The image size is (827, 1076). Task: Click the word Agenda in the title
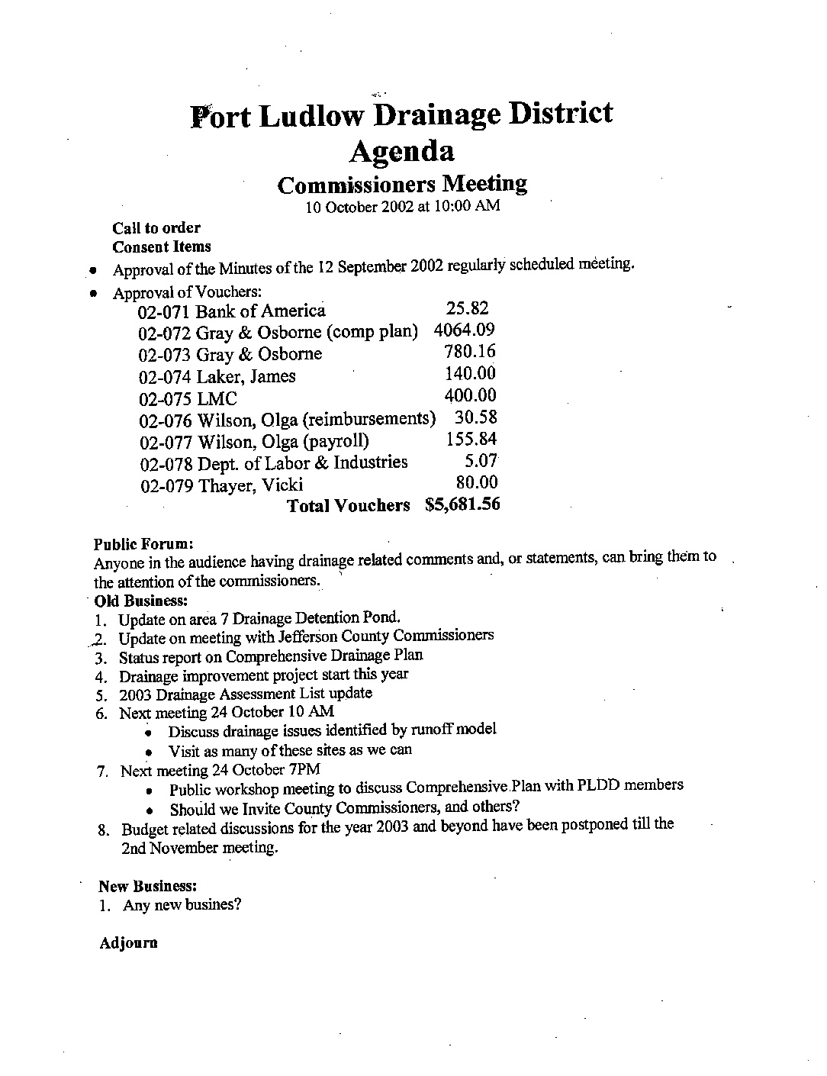pos(402,151)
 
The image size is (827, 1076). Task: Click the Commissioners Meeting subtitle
pos(402,184)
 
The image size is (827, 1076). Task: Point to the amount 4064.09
pos(464,330)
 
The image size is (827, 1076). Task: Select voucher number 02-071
pos(164,311)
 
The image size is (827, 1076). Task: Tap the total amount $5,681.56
pos(462,504)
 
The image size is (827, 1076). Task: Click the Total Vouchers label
pos(348,506)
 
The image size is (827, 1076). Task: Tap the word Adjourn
pos(128,943)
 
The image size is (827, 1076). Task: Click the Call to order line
pos(156,227)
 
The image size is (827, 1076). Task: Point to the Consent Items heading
pos(161,246)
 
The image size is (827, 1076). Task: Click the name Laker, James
pos(246,376)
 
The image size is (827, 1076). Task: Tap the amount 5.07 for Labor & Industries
pos(481,461)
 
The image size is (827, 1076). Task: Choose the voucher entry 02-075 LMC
pos(188,398)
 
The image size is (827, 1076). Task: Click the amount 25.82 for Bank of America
pos(466,308)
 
